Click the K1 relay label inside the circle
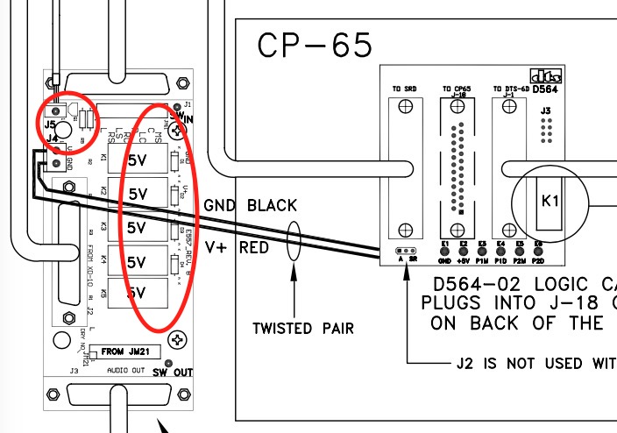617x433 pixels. pyautogui.click(x=550, y=202)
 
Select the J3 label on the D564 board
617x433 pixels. pyautogui.click(x=545, y=110)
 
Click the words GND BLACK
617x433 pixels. pyautogui.click(x=250, y=206)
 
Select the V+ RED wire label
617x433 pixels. pyautogui.click(x=237, y=248)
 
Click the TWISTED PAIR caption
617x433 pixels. pyautogui.click(x=303, y=329)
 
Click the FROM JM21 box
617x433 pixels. pyautogui.click(x=124, y=352)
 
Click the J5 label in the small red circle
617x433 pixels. pyautogui.click(x=52, y=125)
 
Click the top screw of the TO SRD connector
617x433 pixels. pyautogui.click(x=404, y=108)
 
